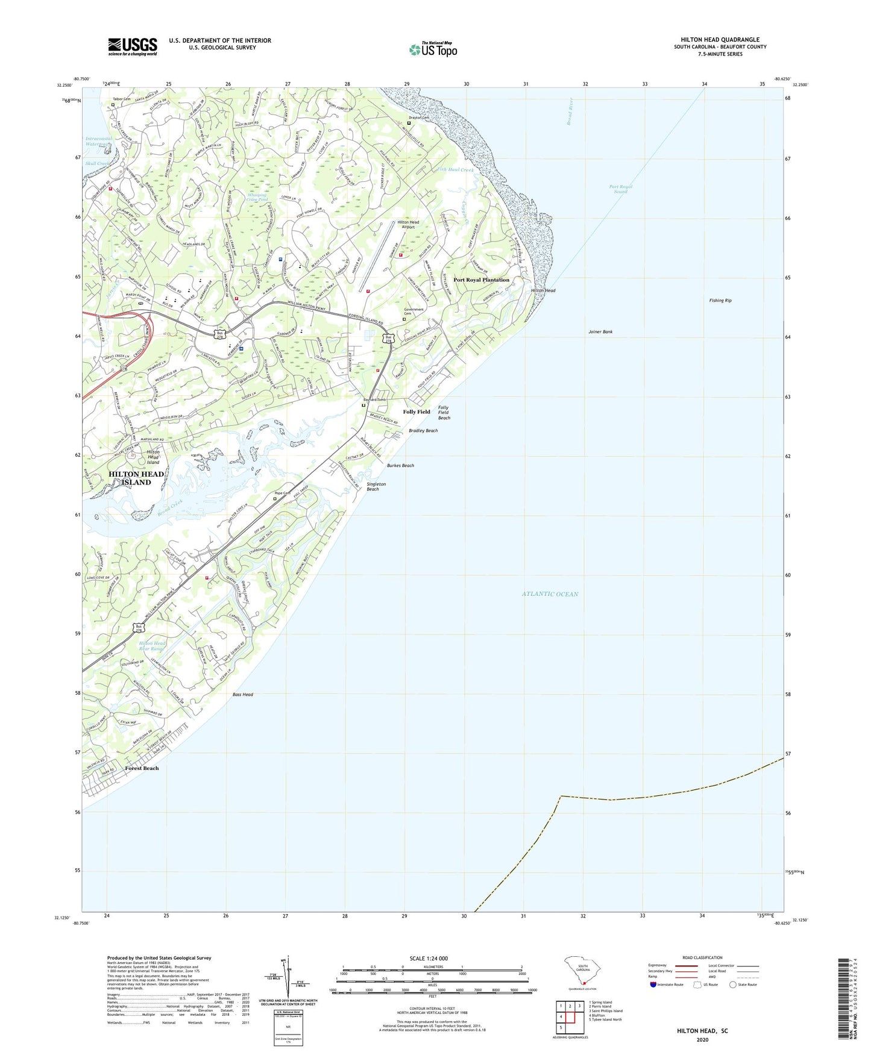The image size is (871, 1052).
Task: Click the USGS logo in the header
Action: tap(133, 46)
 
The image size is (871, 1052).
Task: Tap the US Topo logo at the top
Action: tap(433, 49)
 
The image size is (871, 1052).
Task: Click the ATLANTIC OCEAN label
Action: tap(550, 594)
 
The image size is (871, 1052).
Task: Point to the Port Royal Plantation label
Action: tap(481, 280)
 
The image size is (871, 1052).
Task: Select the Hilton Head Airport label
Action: tap(408, 225)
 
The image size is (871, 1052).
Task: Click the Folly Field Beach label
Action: tap(444, 413)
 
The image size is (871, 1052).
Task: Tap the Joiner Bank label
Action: tap(600, 332)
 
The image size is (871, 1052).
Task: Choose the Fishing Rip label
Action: tap(720, 300)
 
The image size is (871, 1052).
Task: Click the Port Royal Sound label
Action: tap(620, 189)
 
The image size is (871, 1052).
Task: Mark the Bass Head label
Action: tap(243, 695)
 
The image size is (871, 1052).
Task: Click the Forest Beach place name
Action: tap(142, 768)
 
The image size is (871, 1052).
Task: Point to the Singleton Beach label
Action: tap(376, 486)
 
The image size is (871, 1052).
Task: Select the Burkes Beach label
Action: tap(400, 466)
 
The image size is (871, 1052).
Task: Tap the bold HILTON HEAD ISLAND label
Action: tap(136, 478)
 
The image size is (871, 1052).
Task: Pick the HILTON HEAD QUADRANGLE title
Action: tap(720, 40)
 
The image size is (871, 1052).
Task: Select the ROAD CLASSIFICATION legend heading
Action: tap(702, 957)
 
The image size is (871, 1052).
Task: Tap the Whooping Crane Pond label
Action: tap(257, 197)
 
